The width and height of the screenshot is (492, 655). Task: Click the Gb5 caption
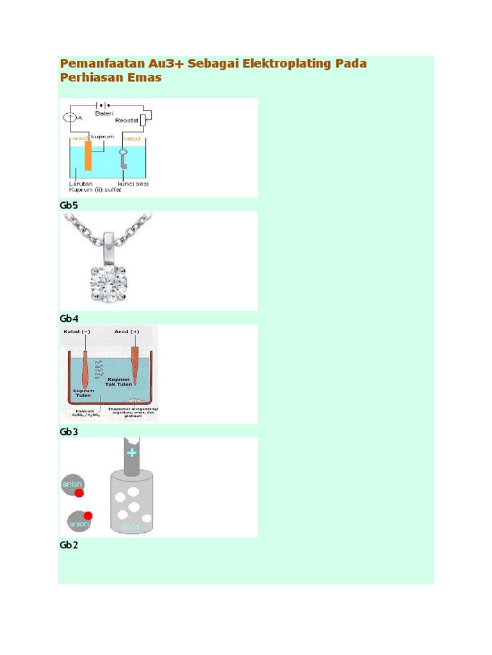coord(69,205)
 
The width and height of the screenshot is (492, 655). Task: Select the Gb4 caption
coord(69,318)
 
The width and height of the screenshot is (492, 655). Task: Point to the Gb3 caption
coord(69,432)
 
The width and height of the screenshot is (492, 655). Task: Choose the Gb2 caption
coord(69,545)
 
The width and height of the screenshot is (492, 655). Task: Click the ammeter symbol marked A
coord(69,118)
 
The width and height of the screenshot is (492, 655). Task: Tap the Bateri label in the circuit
coord(104,113)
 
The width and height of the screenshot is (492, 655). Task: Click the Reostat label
coord(126,120)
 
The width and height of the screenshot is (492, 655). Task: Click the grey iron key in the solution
coord(124,159)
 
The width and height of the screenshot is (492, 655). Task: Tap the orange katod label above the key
coord(131,137)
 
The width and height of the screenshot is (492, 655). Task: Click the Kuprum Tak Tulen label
coord(119,382)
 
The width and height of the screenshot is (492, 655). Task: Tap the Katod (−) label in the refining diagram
coord(78,332)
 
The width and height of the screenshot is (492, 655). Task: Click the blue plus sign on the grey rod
coord(132,453)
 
